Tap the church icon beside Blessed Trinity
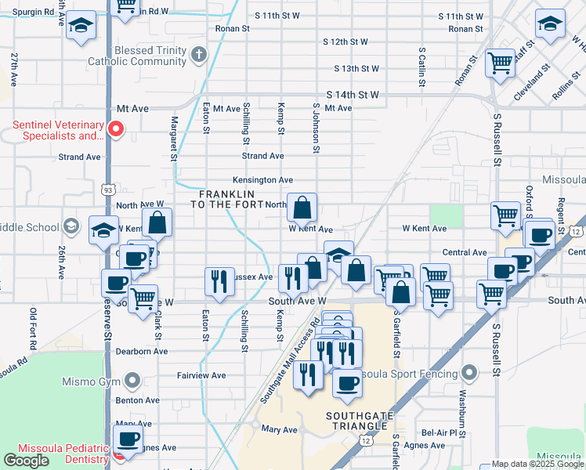[x=199, y=55]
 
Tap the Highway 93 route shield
[x=108, y=189]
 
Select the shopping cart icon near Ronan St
[x=500, y=63]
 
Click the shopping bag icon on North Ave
[x=302, y=208]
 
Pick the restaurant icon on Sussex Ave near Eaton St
[x=219, y=281]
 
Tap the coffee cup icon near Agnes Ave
[x=128, y=439]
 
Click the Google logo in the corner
[x=26, y=461]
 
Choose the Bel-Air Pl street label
[x=439, y=432]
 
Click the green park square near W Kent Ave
[x=446, y=215]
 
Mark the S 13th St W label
[x=356, y=69]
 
